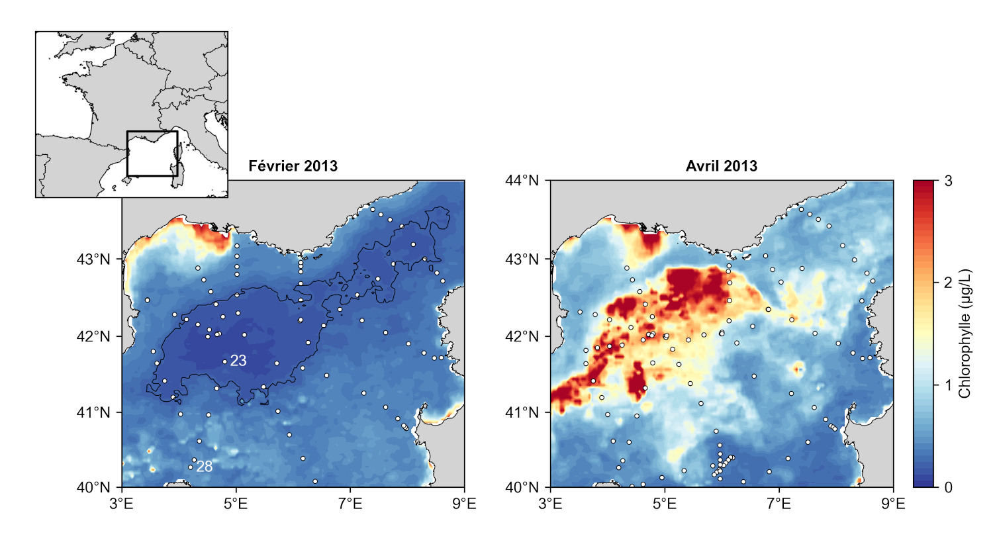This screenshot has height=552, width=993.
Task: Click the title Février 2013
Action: click(293, 166)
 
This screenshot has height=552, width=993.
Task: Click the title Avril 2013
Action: click(721, 166)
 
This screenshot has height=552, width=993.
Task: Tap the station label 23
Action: click(238, 361)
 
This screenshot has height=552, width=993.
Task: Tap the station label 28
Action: click(205, 467)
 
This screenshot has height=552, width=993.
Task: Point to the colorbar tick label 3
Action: click(948, 181)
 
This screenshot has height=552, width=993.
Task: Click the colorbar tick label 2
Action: click(948, 283)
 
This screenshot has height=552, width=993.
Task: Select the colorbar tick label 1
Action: click(948, 385)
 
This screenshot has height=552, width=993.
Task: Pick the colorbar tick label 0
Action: click(948, 488)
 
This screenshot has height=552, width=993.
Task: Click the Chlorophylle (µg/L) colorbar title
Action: click(965, 334)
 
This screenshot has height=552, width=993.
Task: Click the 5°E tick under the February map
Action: click(236, 504)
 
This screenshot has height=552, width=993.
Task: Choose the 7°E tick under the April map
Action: click(779, 504)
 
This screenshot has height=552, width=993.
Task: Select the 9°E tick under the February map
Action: click(464, 504)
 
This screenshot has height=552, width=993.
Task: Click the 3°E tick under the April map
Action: click(550, 504)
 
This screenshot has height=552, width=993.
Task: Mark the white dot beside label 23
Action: click(225, 361)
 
